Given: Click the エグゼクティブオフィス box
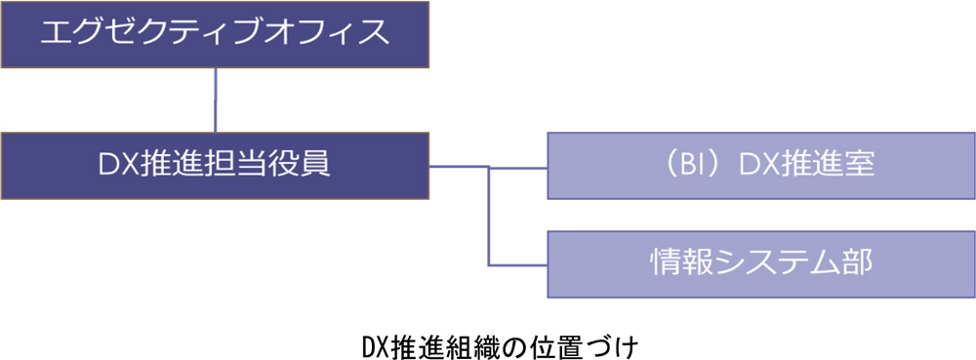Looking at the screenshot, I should click(214, 35).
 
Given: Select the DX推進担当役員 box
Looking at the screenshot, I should click(214, 166).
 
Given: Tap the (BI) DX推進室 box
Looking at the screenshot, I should click(760, 166).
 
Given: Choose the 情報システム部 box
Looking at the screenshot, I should click(760, 263).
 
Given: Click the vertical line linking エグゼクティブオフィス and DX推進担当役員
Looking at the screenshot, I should click(214, 101).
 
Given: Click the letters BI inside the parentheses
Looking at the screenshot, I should click(682, 166).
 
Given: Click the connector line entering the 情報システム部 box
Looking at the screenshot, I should click(517, 263).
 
